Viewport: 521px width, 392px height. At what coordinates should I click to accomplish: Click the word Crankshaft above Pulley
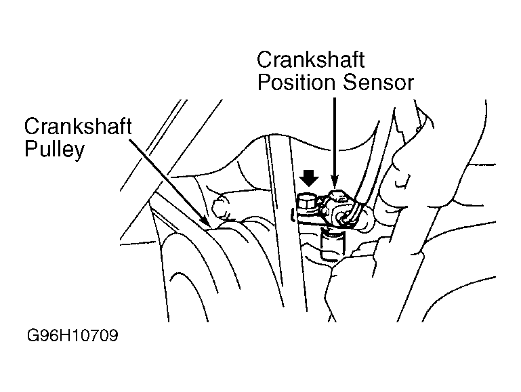pos(77,127)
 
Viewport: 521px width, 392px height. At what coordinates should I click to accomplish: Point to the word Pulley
pos(54,149)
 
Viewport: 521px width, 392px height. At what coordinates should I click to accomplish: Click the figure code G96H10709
pos(72,336)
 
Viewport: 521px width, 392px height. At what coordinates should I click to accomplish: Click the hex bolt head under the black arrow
pos(307,201)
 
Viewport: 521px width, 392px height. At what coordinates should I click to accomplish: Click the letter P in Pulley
pos(30,149)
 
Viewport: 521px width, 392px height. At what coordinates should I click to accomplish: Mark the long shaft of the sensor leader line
pos(333,135)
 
